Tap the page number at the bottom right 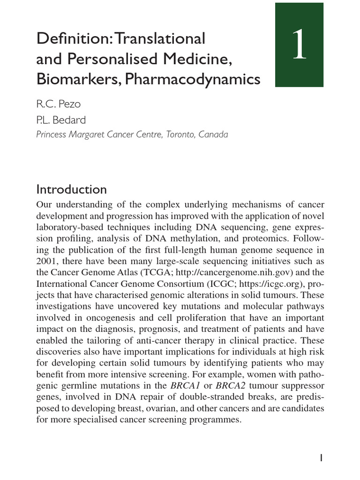(322, 458)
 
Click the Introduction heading (71, 189)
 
